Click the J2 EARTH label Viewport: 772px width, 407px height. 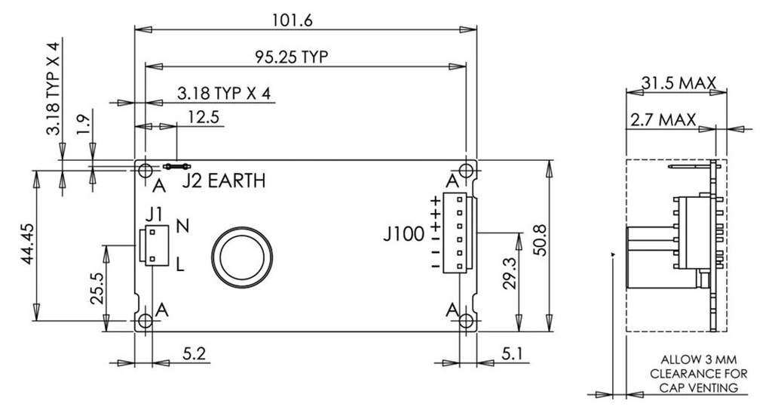pyautogui.click(x=225, y=182)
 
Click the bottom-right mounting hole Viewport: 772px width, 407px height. pyautogui.click(x=467, y=322)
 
